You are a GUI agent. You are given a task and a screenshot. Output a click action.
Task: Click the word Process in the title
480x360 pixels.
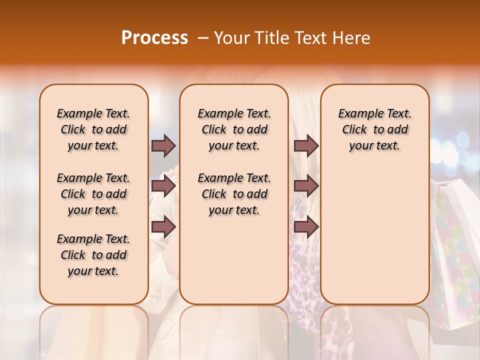[x=154, y=37]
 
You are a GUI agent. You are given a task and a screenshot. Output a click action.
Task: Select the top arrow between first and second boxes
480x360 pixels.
[x=163, y=145]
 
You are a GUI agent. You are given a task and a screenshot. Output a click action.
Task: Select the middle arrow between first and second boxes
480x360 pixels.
[x=163, y=186]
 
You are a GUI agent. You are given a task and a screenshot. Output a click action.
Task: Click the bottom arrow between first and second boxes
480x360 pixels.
[x=163, y=227]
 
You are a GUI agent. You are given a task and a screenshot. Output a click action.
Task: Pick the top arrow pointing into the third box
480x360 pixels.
[x=306, y=145]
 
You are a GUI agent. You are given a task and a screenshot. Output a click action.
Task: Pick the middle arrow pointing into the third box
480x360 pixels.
[x=306, y=186]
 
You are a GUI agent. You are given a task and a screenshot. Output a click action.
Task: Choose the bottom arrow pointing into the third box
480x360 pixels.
[x=306, y=227]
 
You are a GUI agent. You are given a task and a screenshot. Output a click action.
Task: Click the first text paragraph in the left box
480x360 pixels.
[x=93, y=129]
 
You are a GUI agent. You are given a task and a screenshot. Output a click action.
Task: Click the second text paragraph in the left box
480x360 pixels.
[x=93, y=194]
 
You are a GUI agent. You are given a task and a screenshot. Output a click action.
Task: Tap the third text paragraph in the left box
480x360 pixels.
[x=93, y=255]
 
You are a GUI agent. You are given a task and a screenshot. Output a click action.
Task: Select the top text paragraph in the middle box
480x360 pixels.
[x=234, y=129]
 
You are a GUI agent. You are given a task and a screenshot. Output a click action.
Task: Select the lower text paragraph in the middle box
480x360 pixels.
[x=234, y=194]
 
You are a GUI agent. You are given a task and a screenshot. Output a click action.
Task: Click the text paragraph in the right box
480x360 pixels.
[x=374, y=129]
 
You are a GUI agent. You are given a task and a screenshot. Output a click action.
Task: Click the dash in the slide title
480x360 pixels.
[x=203, y=38]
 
